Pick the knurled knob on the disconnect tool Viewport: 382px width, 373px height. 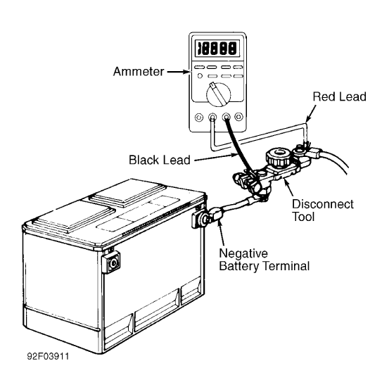[x=274, y=156]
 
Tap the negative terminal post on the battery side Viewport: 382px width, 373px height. [x=199, y=220]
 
